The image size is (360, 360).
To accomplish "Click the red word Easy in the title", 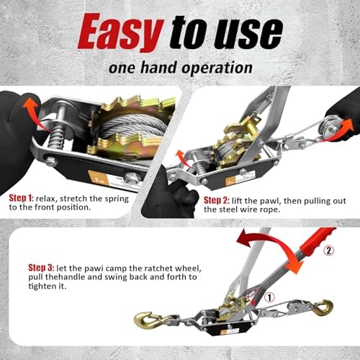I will coord(119,32).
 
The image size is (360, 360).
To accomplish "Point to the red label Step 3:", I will coord(27,248).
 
